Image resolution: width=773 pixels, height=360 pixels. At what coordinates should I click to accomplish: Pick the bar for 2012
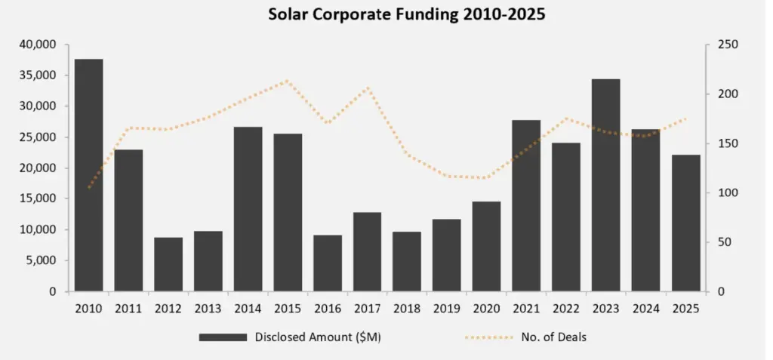point(168,264)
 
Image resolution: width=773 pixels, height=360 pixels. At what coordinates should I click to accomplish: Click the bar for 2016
point(328,263)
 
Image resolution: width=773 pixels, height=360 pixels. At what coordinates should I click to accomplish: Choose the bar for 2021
point(526,205)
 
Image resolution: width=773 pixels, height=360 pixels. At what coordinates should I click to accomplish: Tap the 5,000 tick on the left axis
point(43,260)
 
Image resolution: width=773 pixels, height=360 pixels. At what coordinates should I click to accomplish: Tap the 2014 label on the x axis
point(248,309)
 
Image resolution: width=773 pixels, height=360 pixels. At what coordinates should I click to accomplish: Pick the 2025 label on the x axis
point(685,309)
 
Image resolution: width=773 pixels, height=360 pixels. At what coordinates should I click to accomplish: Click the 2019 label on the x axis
point(447,309)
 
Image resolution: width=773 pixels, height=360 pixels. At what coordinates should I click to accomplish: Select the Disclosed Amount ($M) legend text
point(317,337)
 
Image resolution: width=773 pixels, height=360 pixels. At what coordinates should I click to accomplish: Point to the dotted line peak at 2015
point(287,81)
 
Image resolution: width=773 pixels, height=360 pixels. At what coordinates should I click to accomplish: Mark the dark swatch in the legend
point(223,337)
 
